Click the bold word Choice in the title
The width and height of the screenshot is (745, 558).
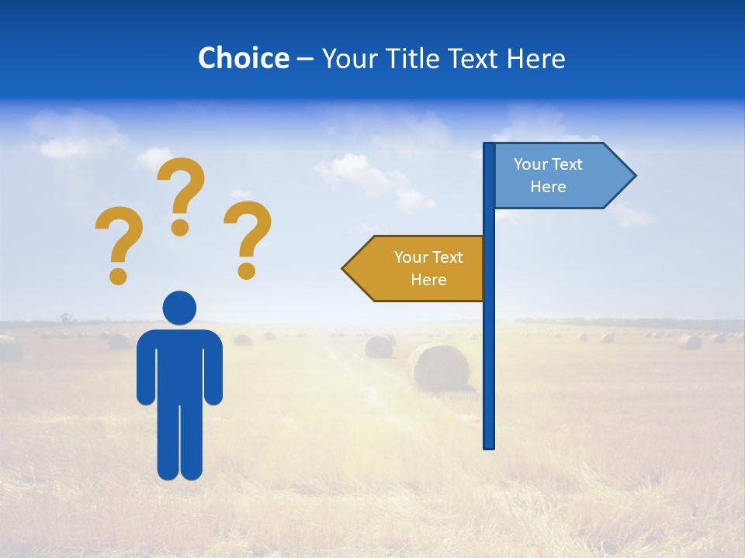coord(243,58)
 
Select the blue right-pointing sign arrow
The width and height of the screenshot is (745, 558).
coord(559,176)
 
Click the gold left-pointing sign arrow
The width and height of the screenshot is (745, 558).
coord(419,268)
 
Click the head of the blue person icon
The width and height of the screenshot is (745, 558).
coord(179,308)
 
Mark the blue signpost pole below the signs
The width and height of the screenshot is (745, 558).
coord(489,372)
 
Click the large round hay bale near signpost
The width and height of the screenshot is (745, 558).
coord(438,367)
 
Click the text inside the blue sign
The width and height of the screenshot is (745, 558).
coord(548,175)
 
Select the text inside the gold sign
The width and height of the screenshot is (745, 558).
coord(428,268)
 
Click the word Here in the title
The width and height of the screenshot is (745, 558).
coord(535,58)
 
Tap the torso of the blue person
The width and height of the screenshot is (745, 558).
coord(179,364)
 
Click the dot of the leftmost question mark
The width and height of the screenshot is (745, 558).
coord(118,275)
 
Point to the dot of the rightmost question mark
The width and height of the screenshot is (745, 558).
coord(247,270)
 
